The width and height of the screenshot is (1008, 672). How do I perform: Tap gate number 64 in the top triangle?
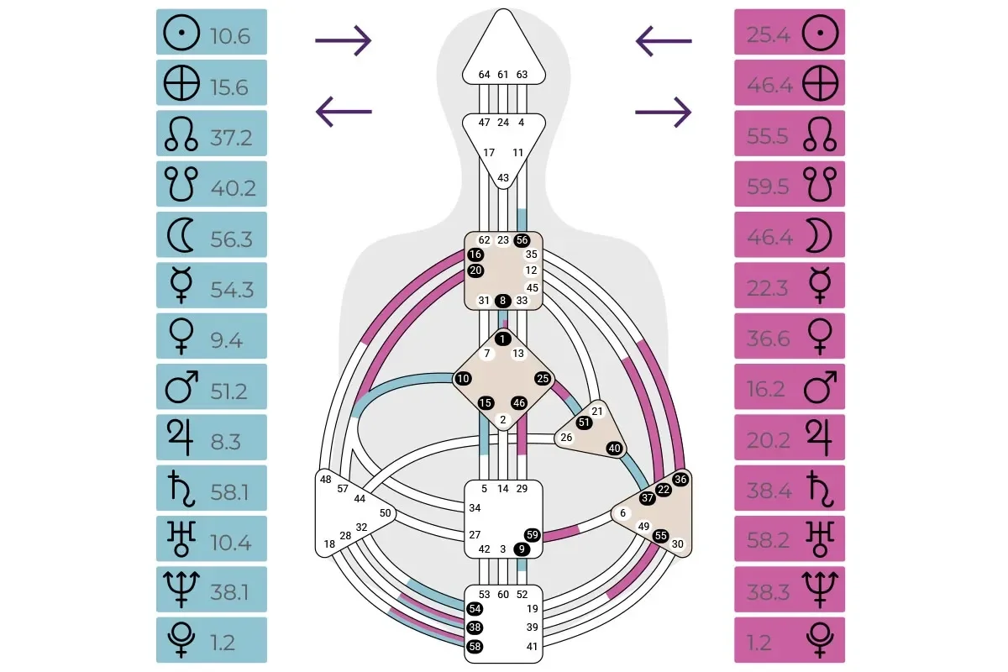485,75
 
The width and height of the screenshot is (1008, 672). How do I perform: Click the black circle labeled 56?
522,239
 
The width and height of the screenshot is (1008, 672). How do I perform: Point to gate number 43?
503,177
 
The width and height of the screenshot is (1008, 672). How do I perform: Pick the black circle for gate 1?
503,339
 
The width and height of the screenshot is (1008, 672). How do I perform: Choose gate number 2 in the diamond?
503,420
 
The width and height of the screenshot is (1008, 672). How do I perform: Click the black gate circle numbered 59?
532,534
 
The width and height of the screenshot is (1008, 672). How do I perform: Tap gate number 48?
326,479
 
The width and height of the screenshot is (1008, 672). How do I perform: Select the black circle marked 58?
475,647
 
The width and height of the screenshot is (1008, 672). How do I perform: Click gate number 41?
533,647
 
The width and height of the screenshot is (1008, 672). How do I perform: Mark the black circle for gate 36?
680,480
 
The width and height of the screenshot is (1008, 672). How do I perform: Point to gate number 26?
566,437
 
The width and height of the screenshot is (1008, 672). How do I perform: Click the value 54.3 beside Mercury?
231,289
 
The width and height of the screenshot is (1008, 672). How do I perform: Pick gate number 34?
475,507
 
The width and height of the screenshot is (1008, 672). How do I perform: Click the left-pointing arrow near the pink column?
664,39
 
